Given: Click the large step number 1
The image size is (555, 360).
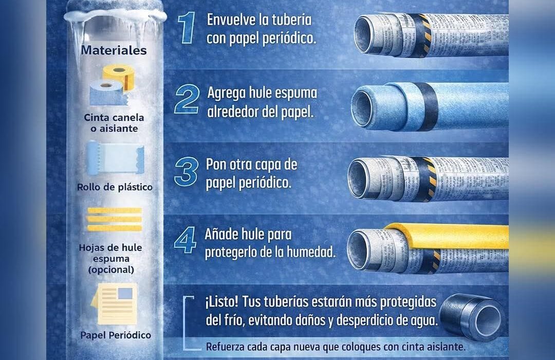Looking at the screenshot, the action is [x=187, y=28].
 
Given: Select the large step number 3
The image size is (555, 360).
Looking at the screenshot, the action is [x=186, y=172].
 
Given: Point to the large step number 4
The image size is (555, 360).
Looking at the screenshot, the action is [x=185, y=240].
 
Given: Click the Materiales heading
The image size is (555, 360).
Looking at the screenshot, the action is [x=114, y=50].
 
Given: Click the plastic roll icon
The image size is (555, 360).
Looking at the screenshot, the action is [x=115, y=158].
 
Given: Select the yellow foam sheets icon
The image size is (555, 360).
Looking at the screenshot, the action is [x=114, y=219].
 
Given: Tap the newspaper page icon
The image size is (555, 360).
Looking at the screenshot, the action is [x=114, y=304].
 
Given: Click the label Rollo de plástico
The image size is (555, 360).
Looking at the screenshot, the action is [x=115, y=187].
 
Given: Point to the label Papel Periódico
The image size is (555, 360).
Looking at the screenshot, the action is [x=116, y=335].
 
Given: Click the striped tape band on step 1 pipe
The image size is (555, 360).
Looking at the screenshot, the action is [x=418, y=35].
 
